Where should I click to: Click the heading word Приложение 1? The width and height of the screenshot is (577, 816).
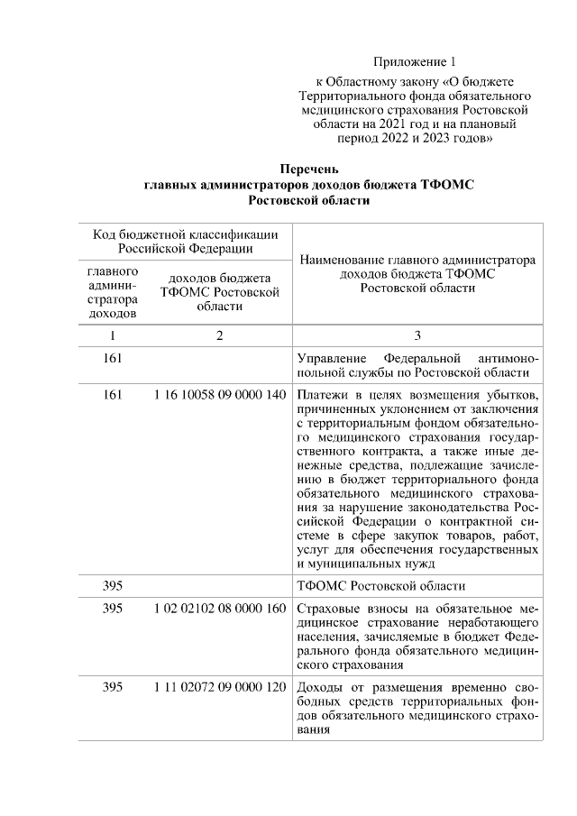pos(416,62)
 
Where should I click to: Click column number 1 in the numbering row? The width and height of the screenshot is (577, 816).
pos(112,336)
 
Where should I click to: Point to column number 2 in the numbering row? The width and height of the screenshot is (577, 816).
pos(219,336)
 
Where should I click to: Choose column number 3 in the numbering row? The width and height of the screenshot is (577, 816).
pos(417,336)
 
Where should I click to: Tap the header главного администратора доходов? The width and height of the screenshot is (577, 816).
pos(113,292)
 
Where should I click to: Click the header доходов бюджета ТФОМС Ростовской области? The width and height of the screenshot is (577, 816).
pos(219,292)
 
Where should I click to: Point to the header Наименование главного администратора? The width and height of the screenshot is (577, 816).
pos(417,260)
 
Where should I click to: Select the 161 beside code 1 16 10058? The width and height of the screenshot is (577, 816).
pos(112,395)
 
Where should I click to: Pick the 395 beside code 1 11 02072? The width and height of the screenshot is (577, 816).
pos(112,688)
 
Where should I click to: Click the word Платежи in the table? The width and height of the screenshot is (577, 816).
pos(323,395)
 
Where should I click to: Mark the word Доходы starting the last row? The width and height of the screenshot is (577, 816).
pos(318,688)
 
